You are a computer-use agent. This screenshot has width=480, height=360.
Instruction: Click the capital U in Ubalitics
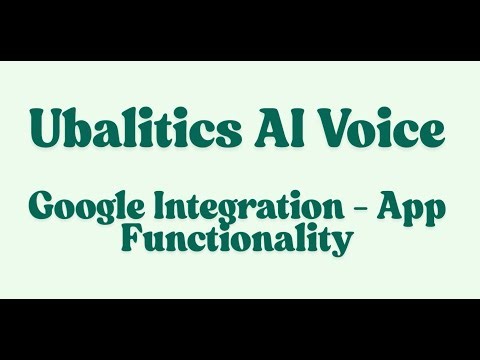pos(46,130)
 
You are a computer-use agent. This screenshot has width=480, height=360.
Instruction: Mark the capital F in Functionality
pos(131,240)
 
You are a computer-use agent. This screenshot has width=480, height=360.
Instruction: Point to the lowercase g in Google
pos(100,212)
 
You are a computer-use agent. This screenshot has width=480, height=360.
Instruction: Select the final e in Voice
pos(434,133)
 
